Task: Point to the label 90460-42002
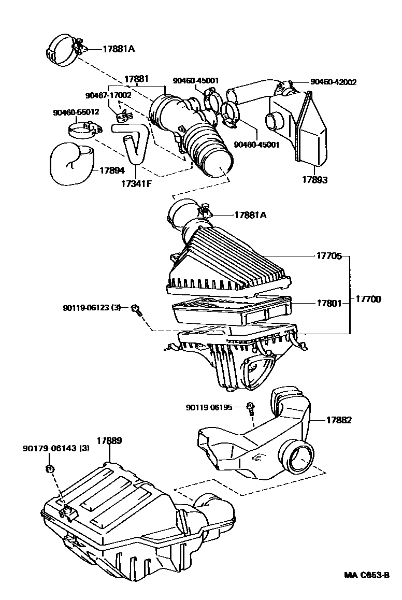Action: pos(333,82)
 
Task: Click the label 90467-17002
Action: pos(108,95)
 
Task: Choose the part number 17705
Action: pos(329,255)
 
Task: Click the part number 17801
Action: pos(329,303)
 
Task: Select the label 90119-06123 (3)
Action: pos(92,308)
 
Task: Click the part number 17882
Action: pos(339,420)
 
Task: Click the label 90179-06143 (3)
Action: pos(56,448)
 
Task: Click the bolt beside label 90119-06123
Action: pos(136,310)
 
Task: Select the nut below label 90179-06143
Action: pos(49,469)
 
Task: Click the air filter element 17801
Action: pos(231,309)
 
